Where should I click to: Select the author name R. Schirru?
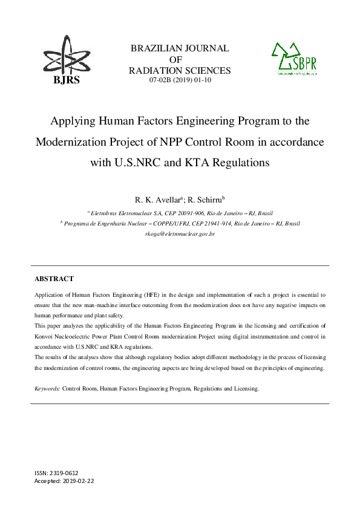(x=204, y=199)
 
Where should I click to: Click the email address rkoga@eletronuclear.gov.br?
(x=180, y=233)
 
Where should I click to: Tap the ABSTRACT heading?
(x=54, y=279)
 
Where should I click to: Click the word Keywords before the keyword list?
(x=46, y=389)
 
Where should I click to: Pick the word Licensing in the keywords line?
(x=244, y=389)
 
